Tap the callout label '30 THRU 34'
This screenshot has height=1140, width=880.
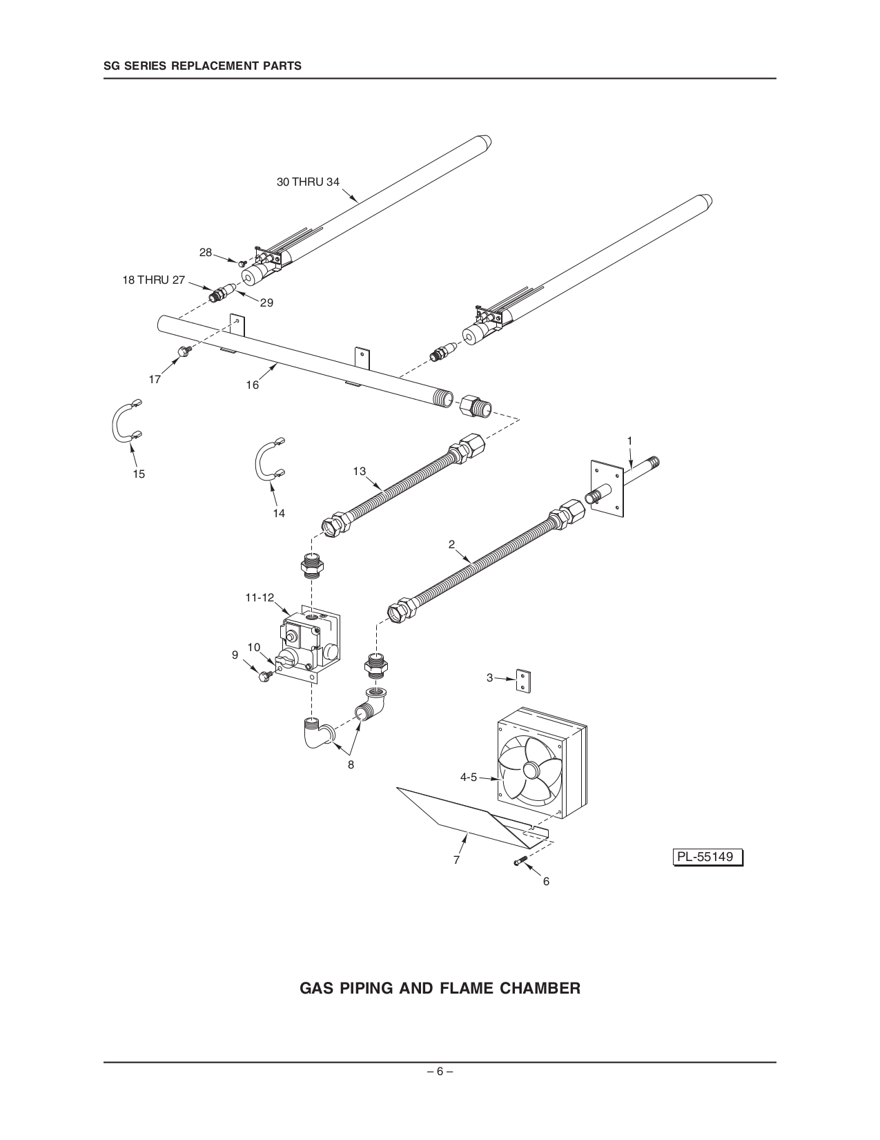pyautogui.click(x=308, y=182)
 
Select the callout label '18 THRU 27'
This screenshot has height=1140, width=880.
pyautogui.click(x=154, y=280)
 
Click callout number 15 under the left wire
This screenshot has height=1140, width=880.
pyautogui.click(x=139, y=474)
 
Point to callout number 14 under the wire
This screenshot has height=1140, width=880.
pyautogui.click(x=279, y=513)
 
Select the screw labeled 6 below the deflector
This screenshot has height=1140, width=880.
pyautogui.click(x=519, y=860)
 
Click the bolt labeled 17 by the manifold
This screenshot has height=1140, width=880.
pyautogui.click(x=184, y=352)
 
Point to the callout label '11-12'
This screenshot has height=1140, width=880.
pyautogui.click(x=260, y=598)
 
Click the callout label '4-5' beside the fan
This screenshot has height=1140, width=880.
pyautogui.click(x=469, y=777)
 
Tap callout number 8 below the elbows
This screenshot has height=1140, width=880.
pyautogui.click(x=351, y=764)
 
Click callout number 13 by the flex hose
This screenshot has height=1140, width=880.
pyautogui.click(x=359, y=471)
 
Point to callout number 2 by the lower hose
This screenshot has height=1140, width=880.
pyautogui.click(x=451, y=544)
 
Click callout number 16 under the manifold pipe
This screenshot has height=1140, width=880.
pyautogui.click(x=253, y=385)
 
